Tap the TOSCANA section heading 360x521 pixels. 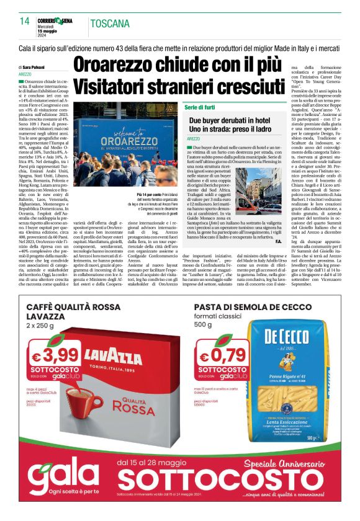(x=110, y=24)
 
